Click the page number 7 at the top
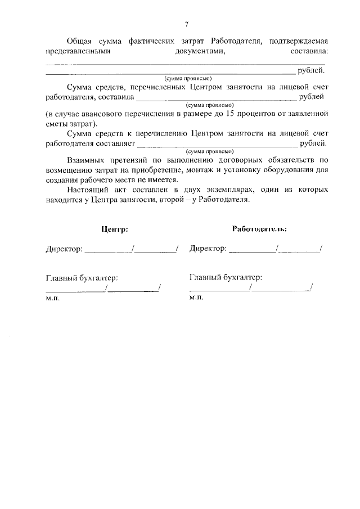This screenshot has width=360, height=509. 186,24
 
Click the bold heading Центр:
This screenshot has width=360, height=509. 114,229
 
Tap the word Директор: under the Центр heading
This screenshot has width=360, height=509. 64,249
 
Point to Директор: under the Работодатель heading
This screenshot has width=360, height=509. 209,248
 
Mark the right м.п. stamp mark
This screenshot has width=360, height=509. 196,298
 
